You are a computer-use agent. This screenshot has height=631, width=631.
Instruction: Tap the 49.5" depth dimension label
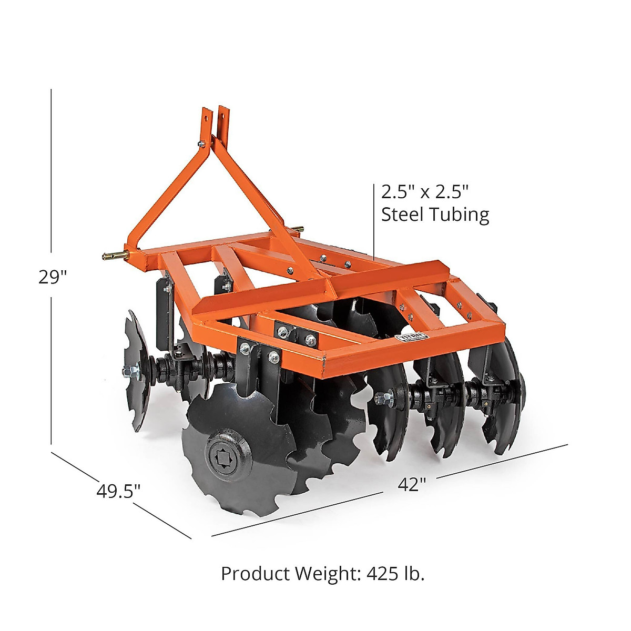tap(118, 491)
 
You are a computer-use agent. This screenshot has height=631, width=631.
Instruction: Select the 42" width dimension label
tap(411, 484)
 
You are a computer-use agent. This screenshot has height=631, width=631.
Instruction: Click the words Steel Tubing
tap(435, 215)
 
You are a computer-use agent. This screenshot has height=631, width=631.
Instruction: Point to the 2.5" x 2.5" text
tap(424, 192)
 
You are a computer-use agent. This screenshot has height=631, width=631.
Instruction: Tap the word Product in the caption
tap(256, 573)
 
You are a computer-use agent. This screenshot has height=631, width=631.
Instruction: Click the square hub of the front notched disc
tap(223, 452)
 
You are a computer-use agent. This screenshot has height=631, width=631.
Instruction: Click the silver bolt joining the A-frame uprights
tap(201, 143)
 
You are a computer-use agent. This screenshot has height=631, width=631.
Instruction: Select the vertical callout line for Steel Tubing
tap(374, 221)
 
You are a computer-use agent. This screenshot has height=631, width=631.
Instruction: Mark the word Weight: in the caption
tap(326, 573)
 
